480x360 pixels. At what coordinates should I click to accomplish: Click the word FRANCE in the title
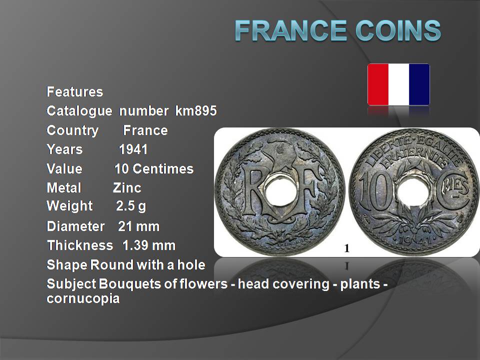click(x=291, y=30)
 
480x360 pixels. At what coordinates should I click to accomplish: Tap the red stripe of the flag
click(x=378, y=84)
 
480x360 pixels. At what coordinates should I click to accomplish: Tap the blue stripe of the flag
click(x=419, y=84)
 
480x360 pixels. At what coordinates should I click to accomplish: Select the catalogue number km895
click(x=196, y=110)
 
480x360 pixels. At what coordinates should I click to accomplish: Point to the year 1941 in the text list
click(x=133, y=149)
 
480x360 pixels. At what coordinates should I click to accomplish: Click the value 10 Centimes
click(x=154, y=168)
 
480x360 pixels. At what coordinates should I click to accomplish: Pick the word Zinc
click(x=127, y=187)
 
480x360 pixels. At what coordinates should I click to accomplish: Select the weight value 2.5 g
click(x=131, y=206)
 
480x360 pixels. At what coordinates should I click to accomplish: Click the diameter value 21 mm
click(x=138, y=226)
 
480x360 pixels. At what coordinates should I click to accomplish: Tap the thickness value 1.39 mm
click(x=149, y=245)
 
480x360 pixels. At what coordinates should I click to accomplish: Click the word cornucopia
click(x=83, y=298)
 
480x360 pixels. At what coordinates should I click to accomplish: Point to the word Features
click(x=74, y=91)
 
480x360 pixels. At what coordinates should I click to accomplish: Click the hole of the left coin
click(x=279, y=193)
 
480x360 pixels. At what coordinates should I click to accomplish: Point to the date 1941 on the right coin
click(x=415, y=240)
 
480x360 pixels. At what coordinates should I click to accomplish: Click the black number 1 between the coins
click(x=347, y=248)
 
